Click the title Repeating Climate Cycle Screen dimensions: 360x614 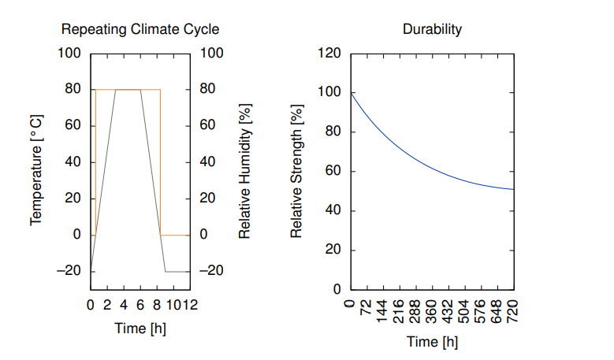click(140, 30)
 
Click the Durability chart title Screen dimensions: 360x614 click(432, 30)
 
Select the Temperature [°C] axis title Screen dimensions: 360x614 click(36, 171)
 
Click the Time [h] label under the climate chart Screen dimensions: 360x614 click(140, 328)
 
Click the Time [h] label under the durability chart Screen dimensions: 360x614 click(432, 342)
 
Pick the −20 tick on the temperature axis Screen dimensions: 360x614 click(69, 271)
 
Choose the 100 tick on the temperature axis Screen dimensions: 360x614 click(69, 53)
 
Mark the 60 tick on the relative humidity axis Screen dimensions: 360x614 click(207, 125)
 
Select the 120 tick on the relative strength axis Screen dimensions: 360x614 click(329, 53)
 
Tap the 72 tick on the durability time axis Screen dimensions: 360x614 click(367, 310)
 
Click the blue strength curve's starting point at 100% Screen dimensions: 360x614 click(351, 93)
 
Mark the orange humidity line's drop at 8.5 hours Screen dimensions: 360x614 click(161, 161)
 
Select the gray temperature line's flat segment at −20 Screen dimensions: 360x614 click(177, 271)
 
